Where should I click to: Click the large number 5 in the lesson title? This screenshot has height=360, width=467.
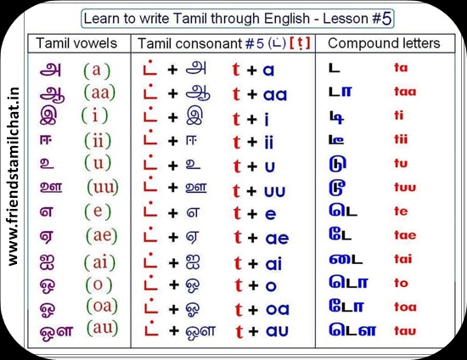point(386,19)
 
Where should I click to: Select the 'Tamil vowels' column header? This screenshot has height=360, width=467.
point(76,43)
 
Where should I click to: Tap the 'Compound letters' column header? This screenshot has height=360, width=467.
point(384,43)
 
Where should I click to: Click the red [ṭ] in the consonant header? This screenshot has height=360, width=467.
point(300,44)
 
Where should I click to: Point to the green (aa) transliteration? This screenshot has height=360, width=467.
point(99,93)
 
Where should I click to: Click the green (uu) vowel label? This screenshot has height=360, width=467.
point(103,187)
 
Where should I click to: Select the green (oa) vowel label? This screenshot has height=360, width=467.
point(102,306)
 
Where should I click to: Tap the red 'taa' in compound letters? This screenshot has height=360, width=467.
point(405,92)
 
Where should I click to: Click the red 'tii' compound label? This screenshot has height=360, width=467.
point(401,139)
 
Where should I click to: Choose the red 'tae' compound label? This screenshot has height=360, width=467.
point(405,235)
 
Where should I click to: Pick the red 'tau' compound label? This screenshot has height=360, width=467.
point(405,330)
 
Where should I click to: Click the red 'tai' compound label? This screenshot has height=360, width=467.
point(403,259)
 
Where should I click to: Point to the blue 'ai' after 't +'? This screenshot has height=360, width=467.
point(273,264)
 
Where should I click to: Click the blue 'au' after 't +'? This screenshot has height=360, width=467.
point(277,331)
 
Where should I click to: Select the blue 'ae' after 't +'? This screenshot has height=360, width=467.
point(277,239)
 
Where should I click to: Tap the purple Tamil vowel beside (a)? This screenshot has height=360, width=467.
point(51,70)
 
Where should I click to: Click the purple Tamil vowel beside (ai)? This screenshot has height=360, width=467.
point(47,263)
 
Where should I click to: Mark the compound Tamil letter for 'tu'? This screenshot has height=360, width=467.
point(337,164)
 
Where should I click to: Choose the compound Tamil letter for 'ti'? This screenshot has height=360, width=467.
point(336,117)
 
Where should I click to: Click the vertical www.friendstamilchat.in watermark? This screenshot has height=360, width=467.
point(13,177)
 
